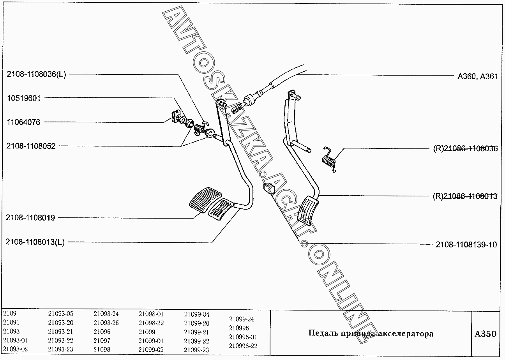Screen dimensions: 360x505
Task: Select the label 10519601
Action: click(24, 98)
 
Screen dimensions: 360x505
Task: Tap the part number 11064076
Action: click(23, 122)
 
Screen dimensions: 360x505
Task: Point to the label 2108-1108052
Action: click(31, 146)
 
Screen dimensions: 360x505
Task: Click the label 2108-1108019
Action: click(30, 218)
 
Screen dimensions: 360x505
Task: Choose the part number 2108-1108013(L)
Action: click(35, 242)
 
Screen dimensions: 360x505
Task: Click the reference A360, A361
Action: click(477, 77)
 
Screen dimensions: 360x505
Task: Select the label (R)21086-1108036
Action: click(465, 148)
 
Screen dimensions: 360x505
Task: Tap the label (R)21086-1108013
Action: click(465, 196)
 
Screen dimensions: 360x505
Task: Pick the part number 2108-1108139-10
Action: click(466, 245)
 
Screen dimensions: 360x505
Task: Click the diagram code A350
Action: click(486, 334)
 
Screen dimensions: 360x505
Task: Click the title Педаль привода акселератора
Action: click(371, 334)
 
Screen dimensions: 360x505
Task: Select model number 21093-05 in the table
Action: click(61, 314)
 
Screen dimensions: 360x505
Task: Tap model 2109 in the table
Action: click(10, 314)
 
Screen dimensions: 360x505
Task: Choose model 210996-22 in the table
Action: click(243, 346)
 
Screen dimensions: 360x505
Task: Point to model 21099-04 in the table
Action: click(197, 314)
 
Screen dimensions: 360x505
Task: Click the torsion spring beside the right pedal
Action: click(329, 159)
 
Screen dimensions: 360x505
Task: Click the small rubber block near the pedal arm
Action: click(269, 188)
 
